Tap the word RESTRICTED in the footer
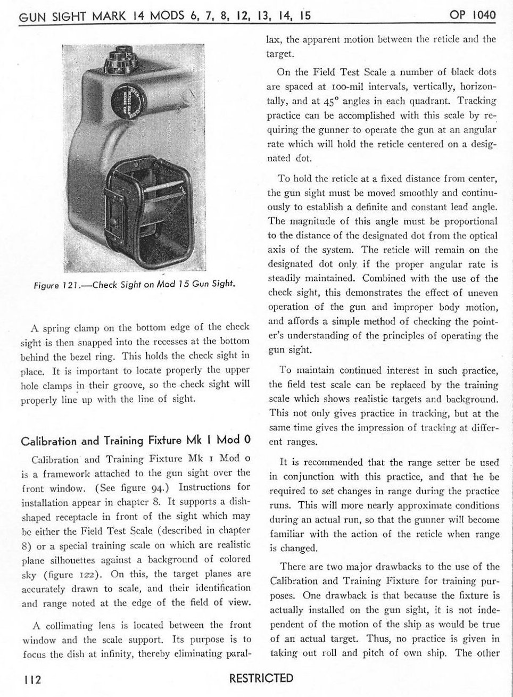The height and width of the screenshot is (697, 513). pos(261,678)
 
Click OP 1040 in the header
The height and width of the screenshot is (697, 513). pos(473,14)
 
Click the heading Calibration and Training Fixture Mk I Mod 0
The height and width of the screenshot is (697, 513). pos(135,441)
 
